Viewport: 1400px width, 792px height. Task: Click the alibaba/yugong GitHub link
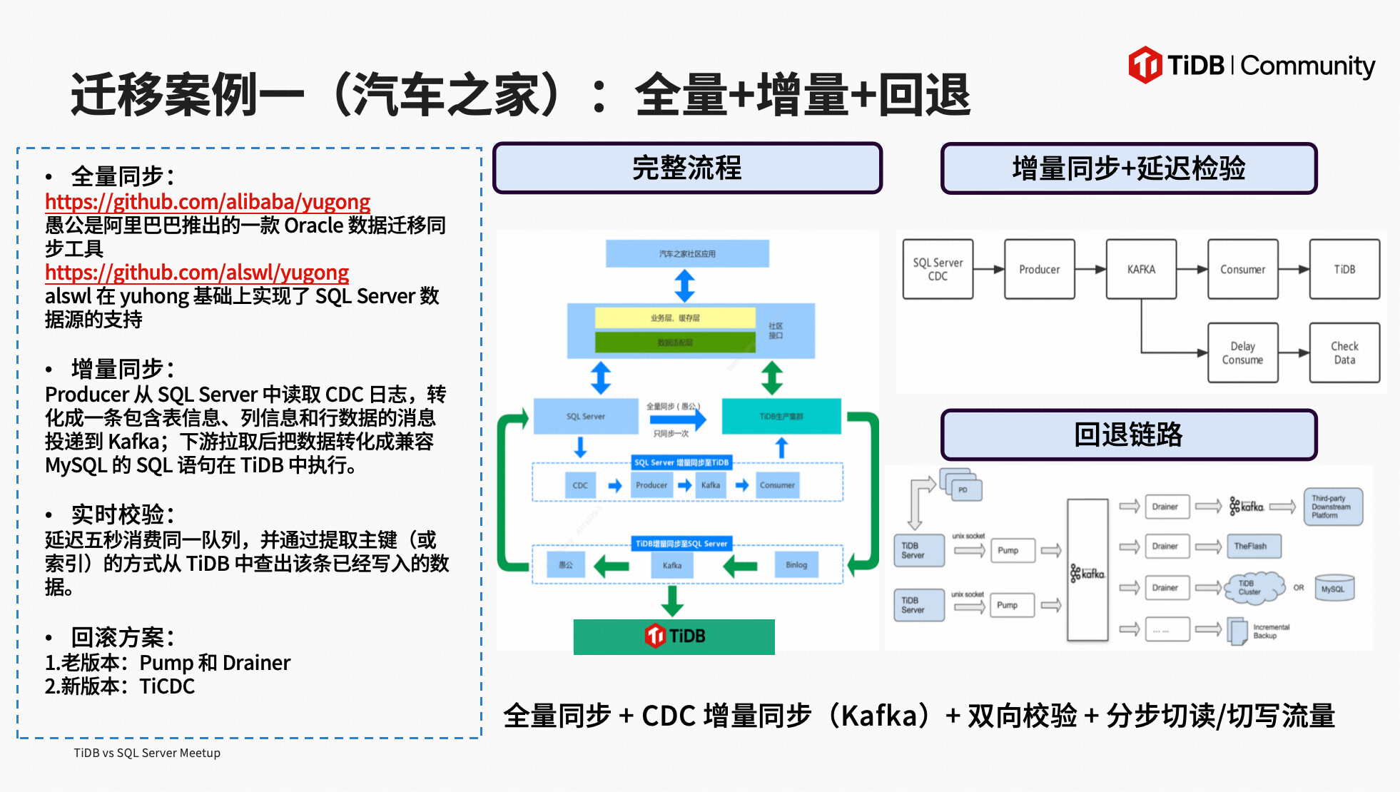tap(208, 202)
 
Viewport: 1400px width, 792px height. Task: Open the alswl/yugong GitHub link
tap(197, 273)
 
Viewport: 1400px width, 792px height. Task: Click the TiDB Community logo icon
tap(1145, 65)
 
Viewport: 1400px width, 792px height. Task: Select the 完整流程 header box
tap(687, 168)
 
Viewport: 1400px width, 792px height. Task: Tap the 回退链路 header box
tap(1128, 435)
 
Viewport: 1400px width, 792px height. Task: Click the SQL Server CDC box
tap(938, 270)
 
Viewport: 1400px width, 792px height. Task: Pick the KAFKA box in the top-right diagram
tap(1141, 270)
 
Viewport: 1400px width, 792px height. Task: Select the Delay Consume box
tap(1242, 353)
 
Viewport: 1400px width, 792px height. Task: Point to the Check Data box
tap(1344, 353)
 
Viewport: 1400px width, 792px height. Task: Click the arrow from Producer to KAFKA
tap(1090, 270)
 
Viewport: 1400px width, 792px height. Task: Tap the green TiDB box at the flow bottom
tap(674, 636)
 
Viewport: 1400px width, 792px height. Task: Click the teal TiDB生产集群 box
tap(781, 417)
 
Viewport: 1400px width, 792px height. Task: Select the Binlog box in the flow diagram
tap(796, 565)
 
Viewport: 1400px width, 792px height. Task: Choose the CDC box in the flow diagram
tap(580, 485)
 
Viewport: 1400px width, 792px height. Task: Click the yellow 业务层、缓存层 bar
tap(675, 318)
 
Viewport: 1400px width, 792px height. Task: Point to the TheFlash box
tap(1253, 547)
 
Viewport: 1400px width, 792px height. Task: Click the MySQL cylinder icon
tap(1333, 589)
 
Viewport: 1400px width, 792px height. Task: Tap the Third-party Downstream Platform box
tap(1332, 507)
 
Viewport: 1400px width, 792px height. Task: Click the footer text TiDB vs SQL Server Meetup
tap(147, 753)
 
